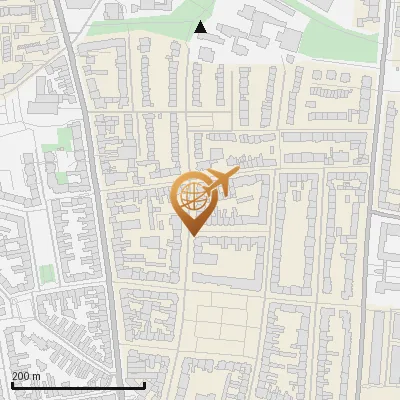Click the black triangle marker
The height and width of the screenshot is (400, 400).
201,27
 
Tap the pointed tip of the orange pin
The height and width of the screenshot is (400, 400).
191,235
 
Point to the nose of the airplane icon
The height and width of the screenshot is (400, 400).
235,174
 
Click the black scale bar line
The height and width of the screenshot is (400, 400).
78,385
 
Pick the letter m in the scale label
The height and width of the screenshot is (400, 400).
37,376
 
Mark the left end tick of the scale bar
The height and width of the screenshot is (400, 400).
11,385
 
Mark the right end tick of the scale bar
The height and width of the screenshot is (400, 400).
145,385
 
